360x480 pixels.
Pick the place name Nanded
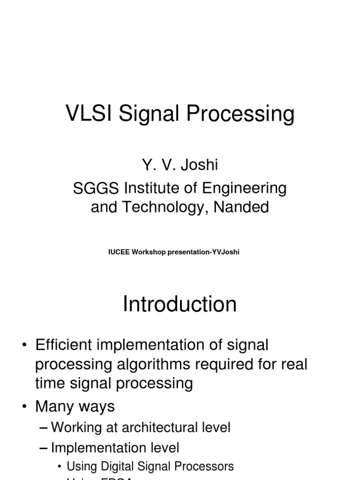click(241, 207)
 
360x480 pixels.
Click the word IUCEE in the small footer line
click(119, 252)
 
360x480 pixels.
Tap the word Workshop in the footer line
click(151, 252)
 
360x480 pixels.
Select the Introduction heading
click(180, 304)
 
